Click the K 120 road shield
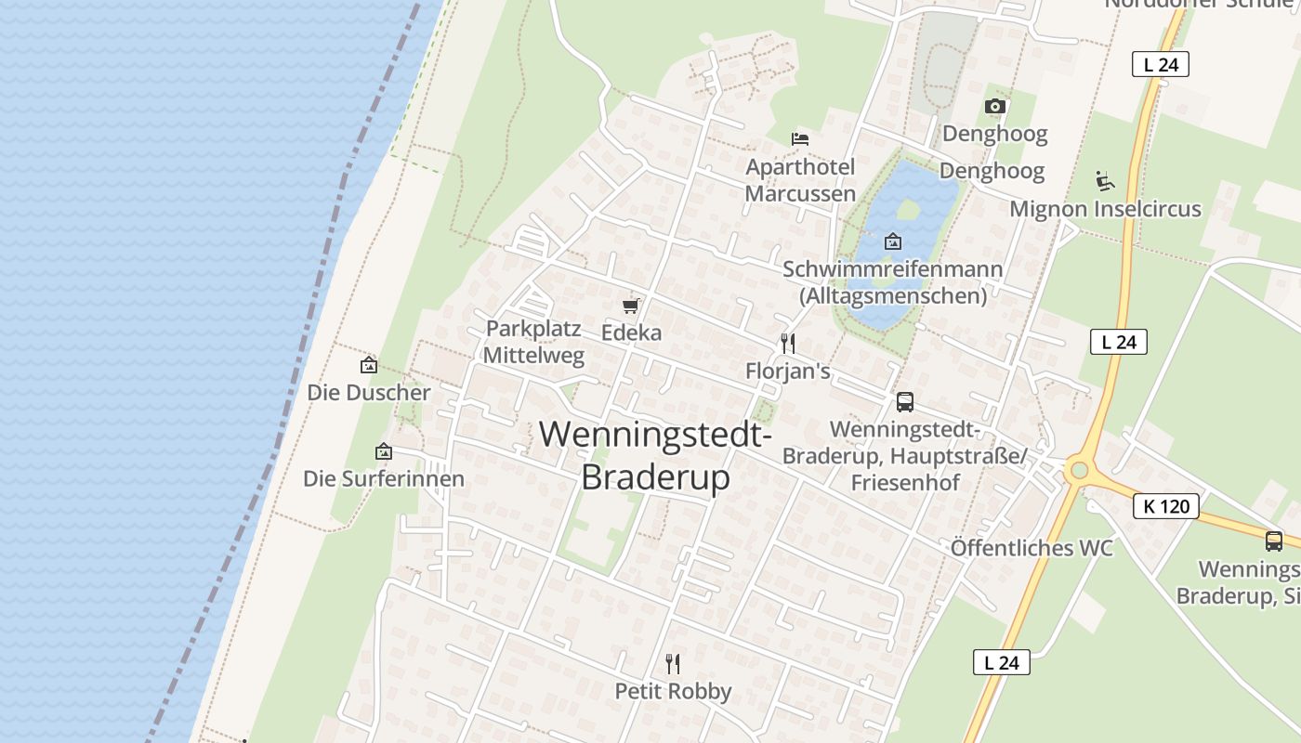[x=1165, y=507]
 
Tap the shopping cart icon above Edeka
[x=632, y=306]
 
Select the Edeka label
[x=632, y=332]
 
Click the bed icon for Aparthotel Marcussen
[x=800, y=139]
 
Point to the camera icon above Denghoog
[x=994, y=106]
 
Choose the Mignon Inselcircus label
[x=1105, y=209]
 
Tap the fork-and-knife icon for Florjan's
[x=788, y=344]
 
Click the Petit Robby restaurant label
[x=673, y=692]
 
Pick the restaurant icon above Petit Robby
[x=673, y=664]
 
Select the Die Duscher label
[x=369, y=393]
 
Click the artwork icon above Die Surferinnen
[x=383, y=452]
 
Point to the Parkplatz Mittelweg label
[x=533, y=342]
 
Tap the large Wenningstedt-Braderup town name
[x=655, y=455]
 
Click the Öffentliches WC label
[x=1031, y=548]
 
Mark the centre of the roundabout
[x=1079, y=471]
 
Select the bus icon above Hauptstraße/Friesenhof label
[x=905, y=402]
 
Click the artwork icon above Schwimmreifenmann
[x=892, y=241]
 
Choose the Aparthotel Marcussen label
[x=800, y=180]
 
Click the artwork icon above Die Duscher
[x=369, y=366]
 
